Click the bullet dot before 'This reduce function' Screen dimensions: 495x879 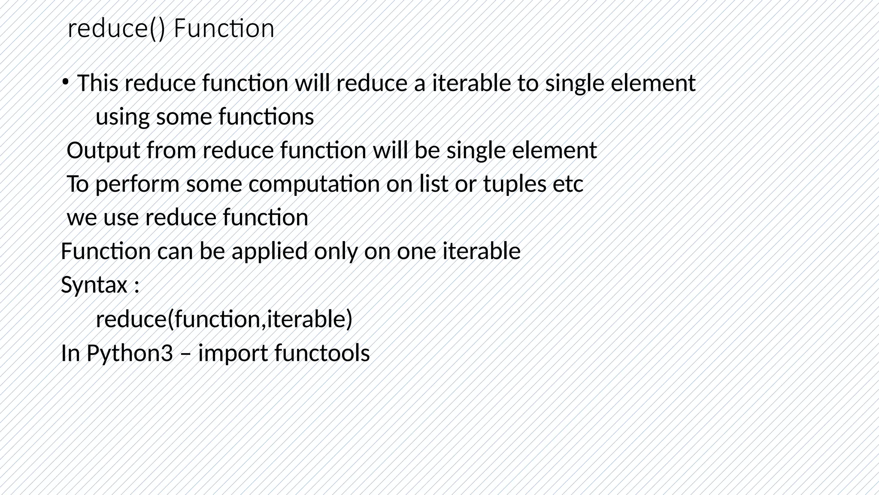coord(64,81)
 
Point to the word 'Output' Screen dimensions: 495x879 coord(103,150)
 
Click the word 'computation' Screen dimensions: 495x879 coord(314,184)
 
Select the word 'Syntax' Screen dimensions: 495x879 coord(94,284)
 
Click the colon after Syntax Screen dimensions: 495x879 coord(136,286)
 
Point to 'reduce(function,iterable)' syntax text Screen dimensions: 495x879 coord(224,319)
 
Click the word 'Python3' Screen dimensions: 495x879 coord(130,353)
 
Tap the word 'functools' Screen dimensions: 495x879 coord(322,353)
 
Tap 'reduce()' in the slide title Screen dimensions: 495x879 coord(116,29)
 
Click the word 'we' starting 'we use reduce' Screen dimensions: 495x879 coord(82,218)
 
